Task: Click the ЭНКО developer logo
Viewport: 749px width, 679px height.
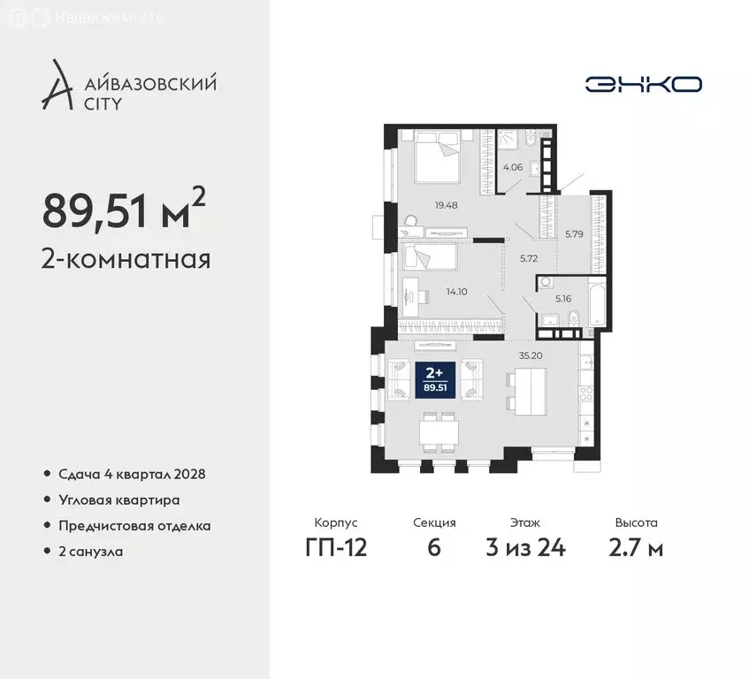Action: [643, 84]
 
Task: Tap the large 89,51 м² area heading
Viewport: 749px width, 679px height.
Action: [124, 210]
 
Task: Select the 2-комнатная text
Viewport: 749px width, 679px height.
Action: [126, 260]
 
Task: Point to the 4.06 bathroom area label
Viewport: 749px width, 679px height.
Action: [513, 165]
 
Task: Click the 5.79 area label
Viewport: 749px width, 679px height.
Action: [575, 235]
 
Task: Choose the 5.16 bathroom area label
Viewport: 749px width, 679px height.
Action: [564, 299]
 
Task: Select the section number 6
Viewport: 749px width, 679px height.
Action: [433, 547]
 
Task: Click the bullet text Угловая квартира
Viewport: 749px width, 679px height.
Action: [119, 500]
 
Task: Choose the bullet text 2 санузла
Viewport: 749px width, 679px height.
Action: [90, 552]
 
